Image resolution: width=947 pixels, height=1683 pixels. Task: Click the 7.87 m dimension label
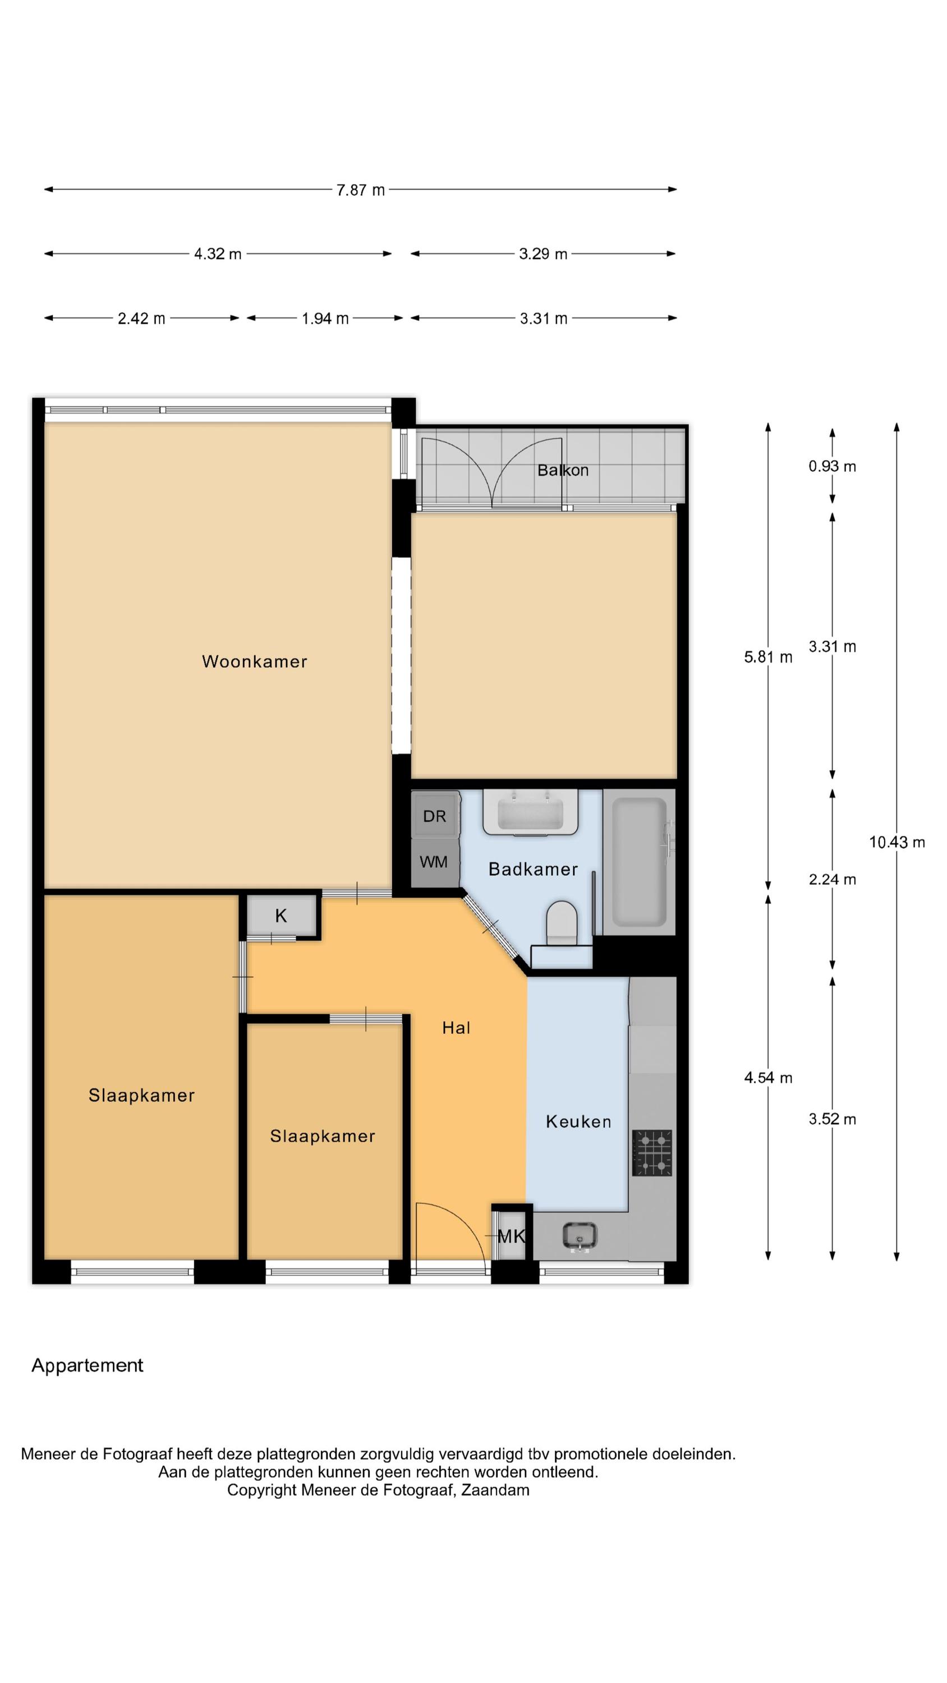point(360,190)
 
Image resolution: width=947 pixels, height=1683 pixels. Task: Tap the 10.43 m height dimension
point(896,842)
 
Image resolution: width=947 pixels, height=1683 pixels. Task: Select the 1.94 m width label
point(325,319)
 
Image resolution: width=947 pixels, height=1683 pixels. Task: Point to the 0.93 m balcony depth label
point(832,467)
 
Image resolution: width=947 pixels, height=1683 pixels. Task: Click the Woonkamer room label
point(254,661)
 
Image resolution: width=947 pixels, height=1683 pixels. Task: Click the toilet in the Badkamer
point(562,922)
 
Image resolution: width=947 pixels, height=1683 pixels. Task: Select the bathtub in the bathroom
point(639,862)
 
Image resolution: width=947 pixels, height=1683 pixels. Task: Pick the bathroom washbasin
point(530,812)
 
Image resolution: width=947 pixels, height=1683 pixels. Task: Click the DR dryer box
point(435,815)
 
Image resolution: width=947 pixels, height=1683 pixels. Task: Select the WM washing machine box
point(435,862)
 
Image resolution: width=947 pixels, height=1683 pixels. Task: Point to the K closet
point(281,916)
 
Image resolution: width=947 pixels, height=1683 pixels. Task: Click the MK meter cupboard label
point(511,1236)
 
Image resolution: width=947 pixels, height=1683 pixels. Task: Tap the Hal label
point(456,1028)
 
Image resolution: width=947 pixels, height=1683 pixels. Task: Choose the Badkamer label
point(534,869)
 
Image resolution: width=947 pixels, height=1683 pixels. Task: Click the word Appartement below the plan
point(88,1365)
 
